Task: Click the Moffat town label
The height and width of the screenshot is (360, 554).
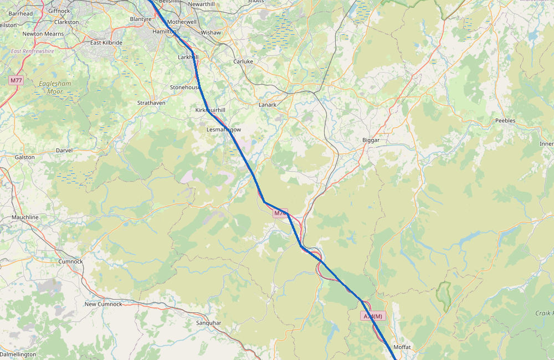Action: (402, 347)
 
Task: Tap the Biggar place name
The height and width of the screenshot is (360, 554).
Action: (371, 141)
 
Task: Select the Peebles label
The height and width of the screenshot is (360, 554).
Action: (505, 121)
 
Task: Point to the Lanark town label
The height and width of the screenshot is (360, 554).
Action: (267, 105)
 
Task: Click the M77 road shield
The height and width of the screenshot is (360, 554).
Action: (16, 81)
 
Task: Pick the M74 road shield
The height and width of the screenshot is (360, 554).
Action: (280, 213)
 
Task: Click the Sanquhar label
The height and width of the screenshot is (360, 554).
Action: (208, 323)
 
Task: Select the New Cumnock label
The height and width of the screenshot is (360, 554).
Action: (103, 304)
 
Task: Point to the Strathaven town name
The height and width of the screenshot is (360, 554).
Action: (151, 103)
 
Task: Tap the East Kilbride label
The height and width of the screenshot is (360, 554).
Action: (106, 43)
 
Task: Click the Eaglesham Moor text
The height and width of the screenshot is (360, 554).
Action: (55, 88)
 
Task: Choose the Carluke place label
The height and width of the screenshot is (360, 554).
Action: (243, 61)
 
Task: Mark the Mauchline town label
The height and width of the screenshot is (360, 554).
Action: (25, 218)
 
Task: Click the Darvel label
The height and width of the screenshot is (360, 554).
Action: (64, 151)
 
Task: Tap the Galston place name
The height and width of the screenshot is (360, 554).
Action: (24, 157)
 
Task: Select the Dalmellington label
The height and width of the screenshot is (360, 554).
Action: (18, 354)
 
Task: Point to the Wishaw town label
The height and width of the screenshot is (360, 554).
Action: (211, 33)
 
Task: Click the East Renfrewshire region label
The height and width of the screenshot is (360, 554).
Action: (32, 51)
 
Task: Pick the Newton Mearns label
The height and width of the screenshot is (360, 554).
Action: (43, 34)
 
